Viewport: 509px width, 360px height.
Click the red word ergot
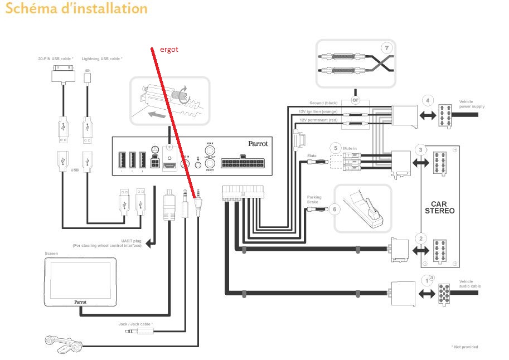tap(168, 50)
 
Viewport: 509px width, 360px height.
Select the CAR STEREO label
tap(439, 207)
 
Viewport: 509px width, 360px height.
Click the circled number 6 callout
tap(335, 210)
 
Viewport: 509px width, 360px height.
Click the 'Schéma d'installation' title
tap(76, 9)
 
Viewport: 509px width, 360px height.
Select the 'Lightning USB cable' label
tap(101, 58)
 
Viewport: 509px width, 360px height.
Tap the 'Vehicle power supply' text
tap(469, 104)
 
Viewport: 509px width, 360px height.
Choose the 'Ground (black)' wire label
tap(324, 103)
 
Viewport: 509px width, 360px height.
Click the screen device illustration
tap(80, 281)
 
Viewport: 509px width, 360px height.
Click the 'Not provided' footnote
tap(464, 347)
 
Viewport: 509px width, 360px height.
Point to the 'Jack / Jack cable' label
tap(135, 323)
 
